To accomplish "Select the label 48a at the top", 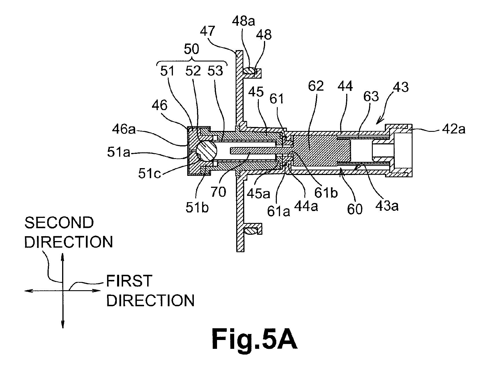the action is pos(244,21).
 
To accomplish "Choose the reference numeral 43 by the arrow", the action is pos(401,87).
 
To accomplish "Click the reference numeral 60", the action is pos(355,210).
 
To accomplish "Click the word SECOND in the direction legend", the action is pos(59,223).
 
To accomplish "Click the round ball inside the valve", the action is pos(207,151).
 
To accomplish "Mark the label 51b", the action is pos(197,208).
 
